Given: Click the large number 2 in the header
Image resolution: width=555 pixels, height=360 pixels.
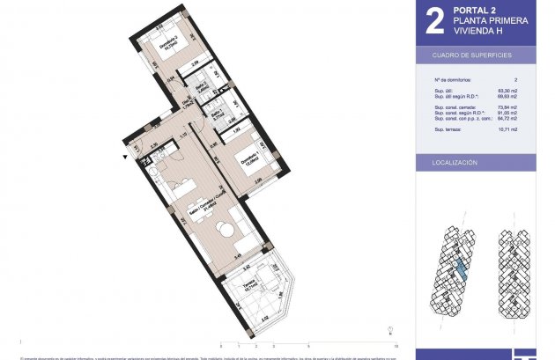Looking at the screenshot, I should coord(433,21).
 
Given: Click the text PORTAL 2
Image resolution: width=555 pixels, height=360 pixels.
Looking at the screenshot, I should coord(475,10).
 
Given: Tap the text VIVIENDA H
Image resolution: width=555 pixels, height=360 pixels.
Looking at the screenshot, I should coord(480,33).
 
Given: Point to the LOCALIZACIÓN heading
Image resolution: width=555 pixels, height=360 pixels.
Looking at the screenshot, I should coord(455,163).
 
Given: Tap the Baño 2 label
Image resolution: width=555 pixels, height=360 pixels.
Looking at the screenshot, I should coord(201,88).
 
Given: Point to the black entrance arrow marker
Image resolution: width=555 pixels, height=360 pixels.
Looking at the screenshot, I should coord(127,157).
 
